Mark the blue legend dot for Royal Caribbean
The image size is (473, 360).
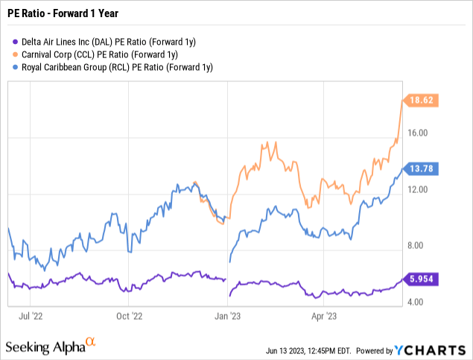point(16,67)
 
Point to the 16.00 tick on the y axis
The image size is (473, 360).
point(421,133)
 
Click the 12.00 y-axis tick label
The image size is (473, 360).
point(421,190)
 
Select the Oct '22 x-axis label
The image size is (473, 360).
point(130,315)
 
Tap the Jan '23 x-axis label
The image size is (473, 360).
point(227,315)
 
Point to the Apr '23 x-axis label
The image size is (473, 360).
point(321,315)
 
